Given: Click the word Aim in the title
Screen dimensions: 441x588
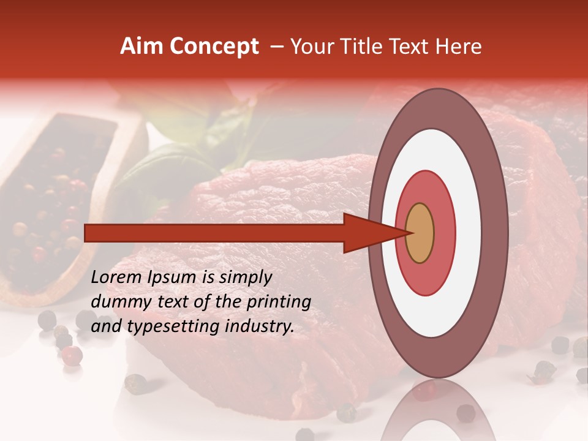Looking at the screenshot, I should point(141,47).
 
